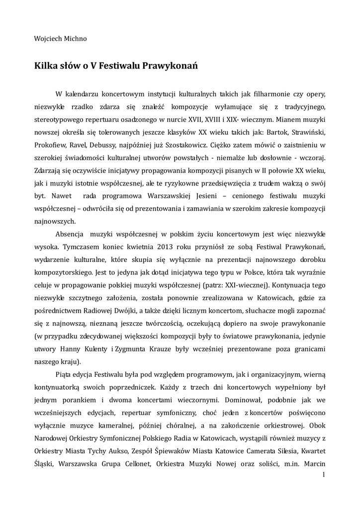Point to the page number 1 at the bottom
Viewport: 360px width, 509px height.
pos(324,475)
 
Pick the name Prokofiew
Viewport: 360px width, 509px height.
pos(51,145)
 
